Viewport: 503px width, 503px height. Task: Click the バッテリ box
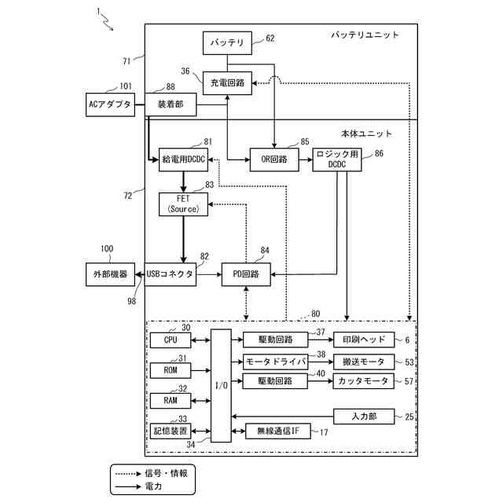227,43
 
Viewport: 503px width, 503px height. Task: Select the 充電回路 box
227,83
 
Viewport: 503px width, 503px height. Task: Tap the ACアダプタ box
110,105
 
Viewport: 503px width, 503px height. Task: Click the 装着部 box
171,105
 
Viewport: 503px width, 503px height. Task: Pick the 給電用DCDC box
183,160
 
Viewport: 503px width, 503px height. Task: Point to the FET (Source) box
183,204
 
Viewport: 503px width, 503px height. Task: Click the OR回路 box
274,160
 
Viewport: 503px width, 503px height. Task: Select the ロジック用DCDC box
337,160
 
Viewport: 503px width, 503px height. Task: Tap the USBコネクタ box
171,274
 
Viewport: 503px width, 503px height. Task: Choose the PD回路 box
246,274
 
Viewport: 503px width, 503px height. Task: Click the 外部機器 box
110,274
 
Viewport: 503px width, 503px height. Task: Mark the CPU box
171,340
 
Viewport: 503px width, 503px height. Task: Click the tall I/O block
221,386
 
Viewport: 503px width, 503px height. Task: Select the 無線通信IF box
277,431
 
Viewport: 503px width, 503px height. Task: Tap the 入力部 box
364,417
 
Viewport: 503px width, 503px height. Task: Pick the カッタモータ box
363,381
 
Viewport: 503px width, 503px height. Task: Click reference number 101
126,86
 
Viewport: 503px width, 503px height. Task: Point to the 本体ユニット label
366,134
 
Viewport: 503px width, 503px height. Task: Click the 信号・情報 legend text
166,473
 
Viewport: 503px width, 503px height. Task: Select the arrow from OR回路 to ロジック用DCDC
306,160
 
